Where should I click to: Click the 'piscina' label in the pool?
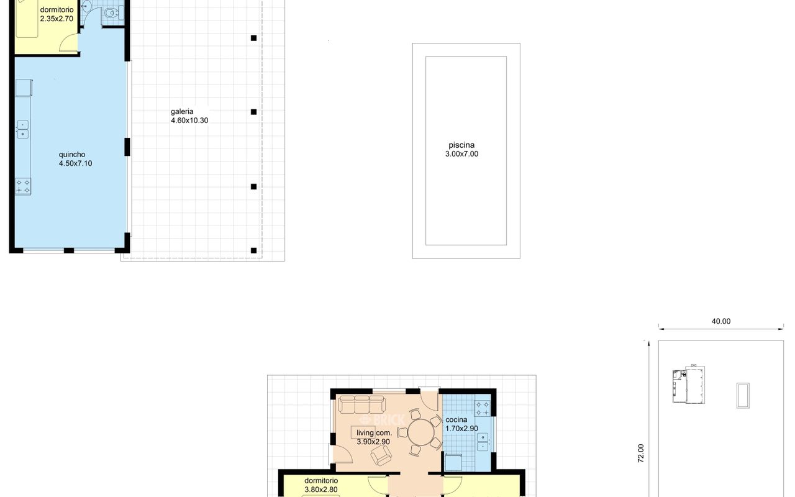coord(461,145)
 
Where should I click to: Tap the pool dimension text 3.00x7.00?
coord(461,153)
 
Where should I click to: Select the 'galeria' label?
coord(182,111)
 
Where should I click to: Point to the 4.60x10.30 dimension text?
coord(189,121)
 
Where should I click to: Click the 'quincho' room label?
coord(72,155)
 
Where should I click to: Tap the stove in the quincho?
coord(23,186)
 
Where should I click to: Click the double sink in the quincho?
coord(23,130)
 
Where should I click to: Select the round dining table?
coord(421,433)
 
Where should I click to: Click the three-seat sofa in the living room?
coord(361,404)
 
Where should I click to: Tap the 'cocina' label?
coord(457,419)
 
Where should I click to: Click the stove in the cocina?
coord(483,408)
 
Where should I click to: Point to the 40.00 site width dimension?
coord(721,321)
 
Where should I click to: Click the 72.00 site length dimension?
coord(640,454)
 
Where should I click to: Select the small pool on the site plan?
coord(743,396)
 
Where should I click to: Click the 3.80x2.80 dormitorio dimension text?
coord(321,490)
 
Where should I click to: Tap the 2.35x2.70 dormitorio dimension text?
coord(57,19)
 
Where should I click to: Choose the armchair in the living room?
coord(381,455)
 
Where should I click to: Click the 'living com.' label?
coord(374,433)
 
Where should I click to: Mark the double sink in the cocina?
coord(483,442)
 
